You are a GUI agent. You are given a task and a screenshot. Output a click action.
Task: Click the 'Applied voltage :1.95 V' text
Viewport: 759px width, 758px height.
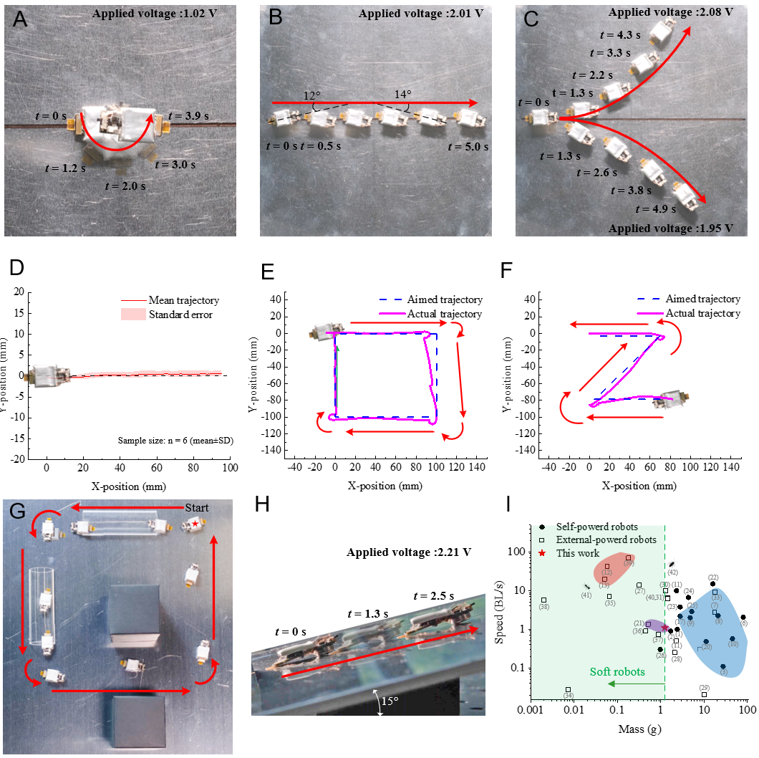click(671, 228)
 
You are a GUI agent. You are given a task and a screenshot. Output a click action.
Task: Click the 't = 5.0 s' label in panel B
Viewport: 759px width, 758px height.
click(468, 147)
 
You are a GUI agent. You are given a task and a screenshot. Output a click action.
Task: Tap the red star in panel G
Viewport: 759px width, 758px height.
click(195, 525)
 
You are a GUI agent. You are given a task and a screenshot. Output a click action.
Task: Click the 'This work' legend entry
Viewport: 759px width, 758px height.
click(580, 553)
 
